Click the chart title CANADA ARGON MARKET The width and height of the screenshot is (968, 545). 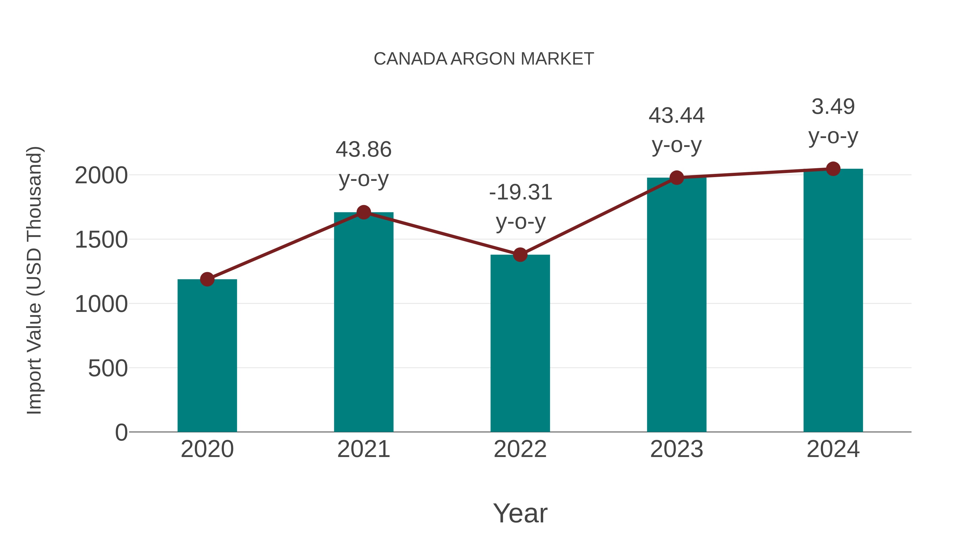coord(484,59)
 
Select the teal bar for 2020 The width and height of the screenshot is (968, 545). coord(207,356)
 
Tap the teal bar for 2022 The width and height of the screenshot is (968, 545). coord(520,343)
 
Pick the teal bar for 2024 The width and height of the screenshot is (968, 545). coord(833,300)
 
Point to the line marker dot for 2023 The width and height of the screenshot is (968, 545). coord(677,178)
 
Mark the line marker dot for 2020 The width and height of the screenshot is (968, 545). coord(207,279)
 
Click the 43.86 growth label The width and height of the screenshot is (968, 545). coord(363,149)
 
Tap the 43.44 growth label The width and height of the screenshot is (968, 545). coord(677,115)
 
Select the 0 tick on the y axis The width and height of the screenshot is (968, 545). coord(121,432)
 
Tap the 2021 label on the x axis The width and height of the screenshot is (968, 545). coord(363,449)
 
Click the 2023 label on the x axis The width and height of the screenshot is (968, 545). coord(677,449)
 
